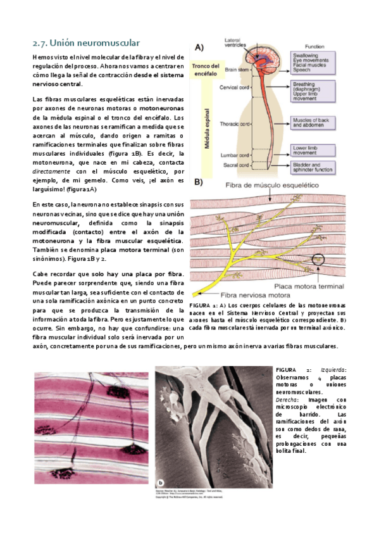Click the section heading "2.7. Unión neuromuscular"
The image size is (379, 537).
point(86,43)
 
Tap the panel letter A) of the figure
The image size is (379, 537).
point(199,47)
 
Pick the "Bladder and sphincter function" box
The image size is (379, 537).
point(314,167)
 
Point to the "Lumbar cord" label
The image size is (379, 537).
point(232,155)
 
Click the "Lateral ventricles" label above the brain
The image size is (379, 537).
point(236,44)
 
